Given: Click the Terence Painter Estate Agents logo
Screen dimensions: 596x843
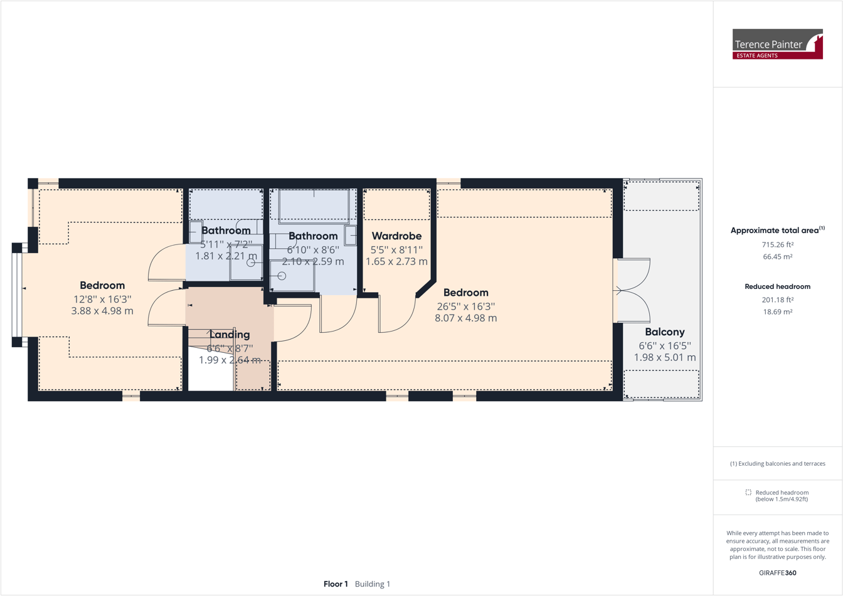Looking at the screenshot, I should point(777,44).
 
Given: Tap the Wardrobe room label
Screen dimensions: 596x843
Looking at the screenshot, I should point(396,236).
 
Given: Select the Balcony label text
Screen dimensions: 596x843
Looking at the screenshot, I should point(664,332).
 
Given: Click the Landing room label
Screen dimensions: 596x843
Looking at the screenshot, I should point(230,335).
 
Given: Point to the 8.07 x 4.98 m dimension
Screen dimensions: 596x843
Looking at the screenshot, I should point(465,318).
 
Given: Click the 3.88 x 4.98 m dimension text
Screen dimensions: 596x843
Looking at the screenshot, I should point(102,311).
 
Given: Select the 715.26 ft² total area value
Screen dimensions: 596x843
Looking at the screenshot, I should point(777,244).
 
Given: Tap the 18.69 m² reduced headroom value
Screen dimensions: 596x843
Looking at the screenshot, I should point(777,311).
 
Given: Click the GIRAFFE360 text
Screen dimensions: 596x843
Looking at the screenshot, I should point(777,573).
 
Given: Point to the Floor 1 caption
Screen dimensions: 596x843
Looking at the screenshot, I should point(336,584).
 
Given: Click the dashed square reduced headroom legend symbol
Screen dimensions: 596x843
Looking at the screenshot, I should point(748,493).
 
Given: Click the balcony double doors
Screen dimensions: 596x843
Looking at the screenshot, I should point(632,291).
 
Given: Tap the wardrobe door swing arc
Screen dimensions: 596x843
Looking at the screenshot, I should point(399,316).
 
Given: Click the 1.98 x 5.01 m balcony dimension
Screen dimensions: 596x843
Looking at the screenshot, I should point(664,357).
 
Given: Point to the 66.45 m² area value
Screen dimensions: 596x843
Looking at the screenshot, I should point(777,256).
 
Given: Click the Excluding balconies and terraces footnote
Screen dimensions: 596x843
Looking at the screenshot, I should point(777,464).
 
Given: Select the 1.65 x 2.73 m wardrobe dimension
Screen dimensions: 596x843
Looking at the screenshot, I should point(396,261).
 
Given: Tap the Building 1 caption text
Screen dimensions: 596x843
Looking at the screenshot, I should point(373,584).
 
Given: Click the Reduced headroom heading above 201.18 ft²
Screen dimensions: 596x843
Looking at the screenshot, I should point(777,286).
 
